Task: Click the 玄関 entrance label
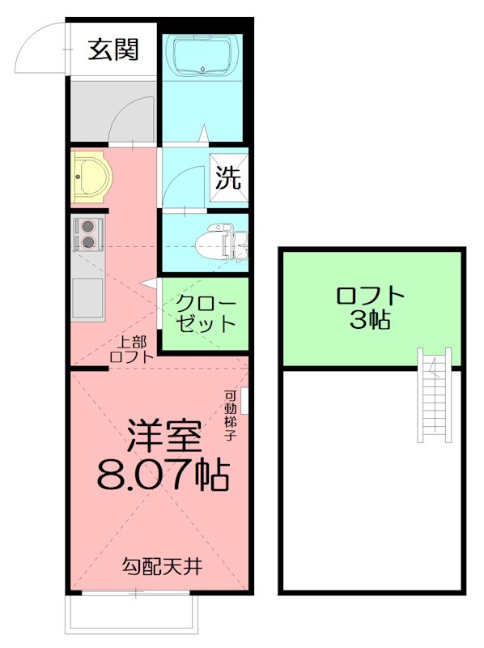coord(113,50)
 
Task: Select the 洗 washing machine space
coord(228,178)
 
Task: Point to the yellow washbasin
coord(88,176)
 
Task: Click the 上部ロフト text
coord(131,348)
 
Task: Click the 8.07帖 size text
coord(162,475)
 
